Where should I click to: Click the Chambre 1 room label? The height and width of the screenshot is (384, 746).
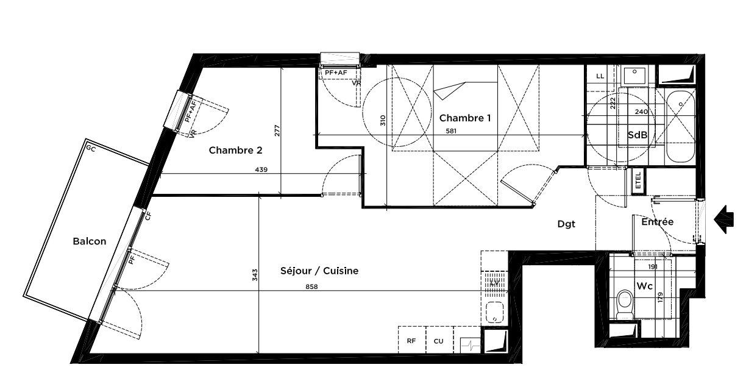pos(465,118)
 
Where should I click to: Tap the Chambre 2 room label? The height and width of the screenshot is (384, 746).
pos(235,150)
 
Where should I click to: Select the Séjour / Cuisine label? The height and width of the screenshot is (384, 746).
pos(319,271)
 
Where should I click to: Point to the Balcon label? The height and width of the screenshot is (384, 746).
pos(89,241)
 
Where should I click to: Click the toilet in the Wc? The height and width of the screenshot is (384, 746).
pos(625,304)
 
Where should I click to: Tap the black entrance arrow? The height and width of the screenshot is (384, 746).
pos(723,219)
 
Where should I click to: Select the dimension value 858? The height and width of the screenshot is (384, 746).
pos(311,286)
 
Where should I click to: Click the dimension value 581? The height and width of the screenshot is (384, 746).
pos(451,131)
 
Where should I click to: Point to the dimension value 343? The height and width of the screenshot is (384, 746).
pos(255,275)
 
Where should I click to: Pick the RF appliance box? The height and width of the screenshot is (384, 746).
pos(412,340)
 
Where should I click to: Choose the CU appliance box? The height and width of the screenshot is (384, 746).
pos(439,340)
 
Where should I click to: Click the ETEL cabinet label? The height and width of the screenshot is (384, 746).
pos(638,180)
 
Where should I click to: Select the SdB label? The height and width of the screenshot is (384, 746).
pos(638,135)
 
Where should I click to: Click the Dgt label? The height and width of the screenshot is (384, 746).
pos(566,224)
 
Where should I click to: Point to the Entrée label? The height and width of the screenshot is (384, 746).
pos(658,222)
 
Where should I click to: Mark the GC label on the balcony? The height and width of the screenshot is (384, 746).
pos(91,149)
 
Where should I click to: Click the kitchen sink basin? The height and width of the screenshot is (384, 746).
pos(494,312)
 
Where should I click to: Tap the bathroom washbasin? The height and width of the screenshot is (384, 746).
pos(634,75)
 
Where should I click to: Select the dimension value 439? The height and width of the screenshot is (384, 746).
pos(261,169)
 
